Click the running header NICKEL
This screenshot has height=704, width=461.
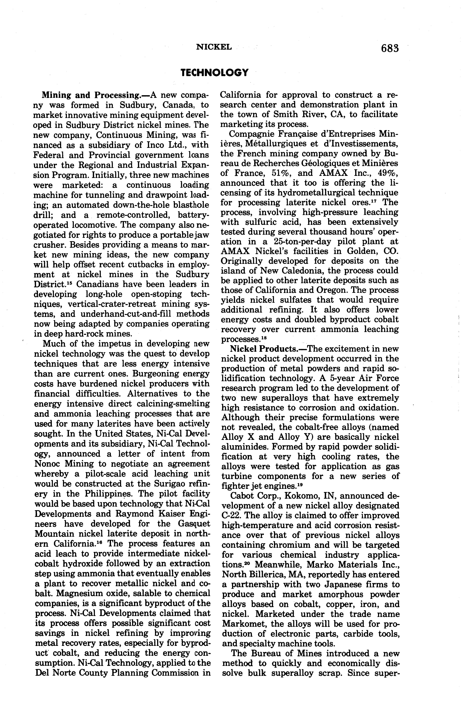[x=214, y=47]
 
